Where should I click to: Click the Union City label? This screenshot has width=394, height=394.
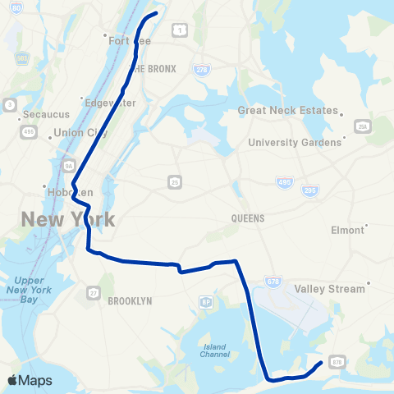tap(75, 133)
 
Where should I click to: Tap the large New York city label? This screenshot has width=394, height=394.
tap(68, 219)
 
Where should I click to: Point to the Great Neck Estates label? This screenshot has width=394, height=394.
tap(287, 110)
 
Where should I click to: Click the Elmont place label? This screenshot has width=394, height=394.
tap(346, 230)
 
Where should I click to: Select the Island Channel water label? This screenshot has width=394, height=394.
tap(213, 351)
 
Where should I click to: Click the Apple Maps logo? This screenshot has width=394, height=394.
tap(30, 380)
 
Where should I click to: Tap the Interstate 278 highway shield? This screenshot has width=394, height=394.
tap(203, 71)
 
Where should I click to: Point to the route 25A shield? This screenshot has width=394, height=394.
tap(361, 126)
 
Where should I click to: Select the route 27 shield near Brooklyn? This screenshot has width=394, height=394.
tap(94, 292)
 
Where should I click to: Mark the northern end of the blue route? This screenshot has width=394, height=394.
tap(155, 14)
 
